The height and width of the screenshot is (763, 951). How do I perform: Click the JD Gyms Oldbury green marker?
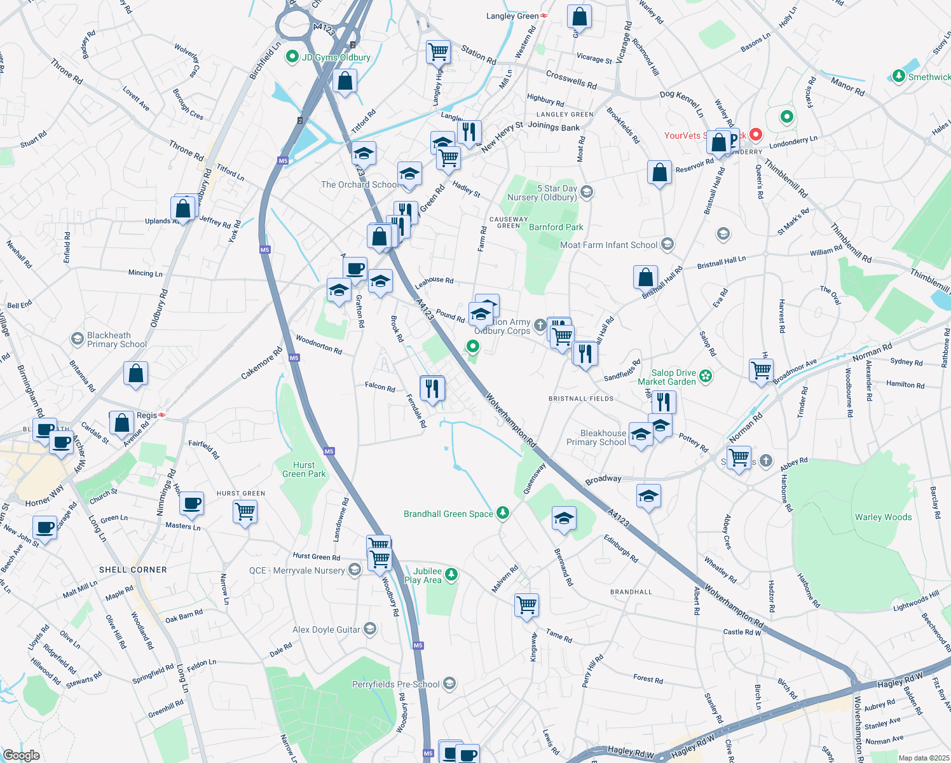pyautogui.click(x=292, y=57)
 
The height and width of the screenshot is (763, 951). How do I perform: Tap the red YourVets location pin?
pyautogui.click(x=755, y=135)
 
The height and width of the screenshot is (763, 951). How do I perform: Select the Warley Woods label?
pyautogui.click(x=883, y=517)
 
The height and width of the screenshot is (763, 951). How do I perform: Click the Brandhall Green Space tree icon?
pyautogui.click(x=503, y=513)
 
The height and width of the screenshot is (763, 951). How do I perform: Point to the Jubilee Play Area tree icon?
pyautogui.click(x=451, y=575)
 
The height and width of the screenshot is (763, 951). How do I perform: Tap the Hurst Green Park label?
pyautogui.click(x=304, y=469)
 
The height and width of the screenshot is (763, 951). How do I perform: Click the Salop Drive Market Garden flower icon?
pyautogui.click(x=706, y=377)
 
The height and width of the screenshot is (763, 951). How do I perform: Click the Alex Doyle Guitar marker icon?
pyautogui.click(x=370, y=629)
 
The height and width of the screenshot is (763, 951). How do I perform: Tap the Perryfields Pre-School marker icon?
pyautogui.click(x=449, y=684)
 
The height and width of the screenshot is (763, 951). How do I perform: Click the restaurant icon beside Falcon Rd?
pyautogui.click(x=432, y=387)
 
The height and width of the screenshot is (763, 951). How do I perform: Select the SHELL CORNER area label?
pyautogui.click(x=133, y=570)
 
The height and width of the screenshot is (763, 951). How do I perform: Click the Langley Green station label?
pyautogui.click(x=512, y=16)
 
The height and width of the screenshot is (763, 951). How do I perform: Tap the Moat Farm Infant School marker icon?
pyautogui.click(x=667, y=244)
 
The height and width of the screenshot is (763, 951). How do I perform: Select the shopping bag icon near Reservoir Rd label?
pyautogui.click(x=659, y=172)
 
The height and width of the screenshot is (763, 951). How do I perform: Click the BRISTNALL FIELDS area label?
pyautogui.click(x=581, y=399)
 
